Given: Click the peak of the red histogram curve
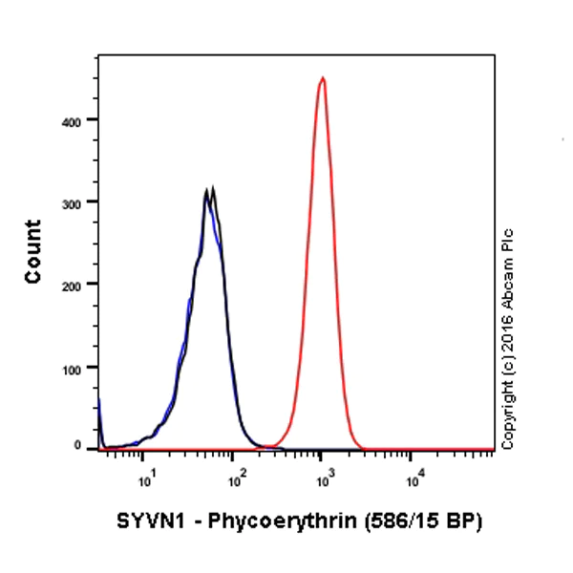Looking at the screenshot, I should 323,79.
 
